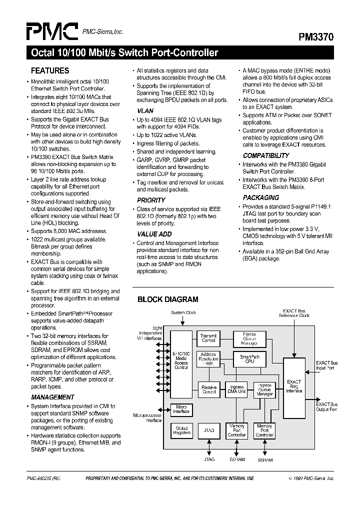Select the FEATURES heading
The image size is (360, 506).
coord(50,71)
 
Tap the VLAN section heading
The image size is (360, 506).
coord(145,110)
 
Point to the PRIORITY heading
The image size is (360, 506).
coord(151,200)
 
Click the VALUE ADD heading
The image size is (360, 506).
coord(154,234)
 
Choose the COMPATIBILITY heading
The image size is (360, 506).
coord(266,155)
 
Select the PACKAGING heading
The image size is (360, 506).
coord(261,197)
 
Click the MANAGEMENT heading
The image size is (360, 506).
coord(52,397)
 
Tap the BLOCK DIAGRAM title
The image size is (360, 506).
coord(168,299)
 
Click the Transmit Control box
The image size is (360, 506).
coord(208,338)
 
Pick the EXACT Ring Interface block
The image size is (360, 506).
coord(294,386)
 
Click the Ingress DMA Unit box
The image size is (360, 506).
coord(236,390)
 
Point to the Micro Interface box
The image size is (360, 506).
coord(181,409)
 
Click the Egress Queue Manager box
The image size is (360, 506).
coord(249,338)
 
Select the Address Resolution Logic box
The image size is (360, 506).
coord(208,359)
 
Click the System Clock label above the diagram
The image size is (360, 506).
coord(184,313)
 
